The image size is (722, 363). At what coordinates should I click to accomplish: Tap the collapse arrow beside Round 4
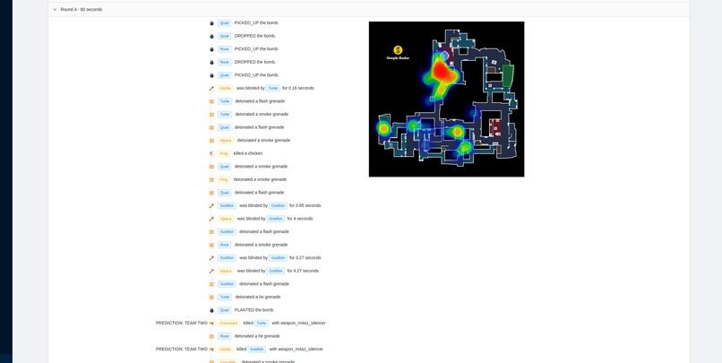[x=55, y=9]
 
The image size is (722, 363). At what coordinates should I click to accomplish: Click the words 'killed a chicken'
[x=248, y=153]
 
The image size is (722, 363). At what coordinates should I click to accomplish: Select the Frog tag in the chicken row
[x=224, y=153]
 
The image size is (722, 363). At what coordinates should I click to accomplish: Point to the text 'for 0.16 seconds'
[x=297, y=88]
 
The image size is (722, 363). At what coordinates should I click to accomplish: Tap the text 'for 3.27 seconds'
[x=305, y=257]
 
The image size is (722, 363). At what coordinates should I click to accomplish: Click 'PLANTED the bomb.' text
[x=254, y=310]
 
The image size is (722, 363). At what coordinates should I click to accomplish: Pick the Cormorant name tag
[x=228, y=323]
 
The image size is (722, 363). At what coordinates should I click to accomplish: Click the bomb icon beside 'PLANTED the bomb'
[x=211, y=310]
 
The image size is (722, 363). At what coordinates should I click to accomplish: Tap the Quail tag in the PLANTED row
[x=224, y=310]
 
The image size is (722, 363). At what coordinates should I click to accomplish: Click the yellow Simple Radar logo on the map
[x=398, y=50]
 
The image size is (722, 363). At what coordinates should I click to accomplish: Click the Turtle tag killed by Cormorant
[x=262, y=323]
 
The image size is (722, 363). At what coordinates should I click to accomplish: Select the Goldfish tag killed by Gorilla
[x=257, y=349]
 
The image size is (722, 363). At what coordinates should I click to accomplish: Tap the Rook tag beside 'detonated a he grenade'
[x=224, y=336]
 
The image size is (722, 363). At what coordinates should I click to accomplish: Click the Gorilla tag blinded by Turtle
[x=226, y=88]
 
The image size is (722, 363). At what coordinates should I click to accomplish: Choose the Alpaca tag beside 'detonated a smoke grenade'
[x=226, y=140]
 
